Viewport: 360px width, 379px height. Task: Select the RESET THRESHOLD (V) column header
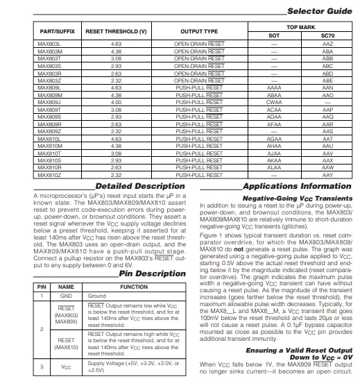[116, 31]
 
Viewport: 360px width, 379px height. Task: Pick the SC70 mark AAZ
[328, 44]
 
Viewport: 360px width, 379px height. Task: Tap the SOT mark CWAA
[273, 102]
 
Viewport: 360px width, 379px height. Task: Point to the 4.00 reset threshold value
[116, 102]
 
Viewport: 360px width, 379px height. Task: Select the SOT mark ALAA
[273, 167]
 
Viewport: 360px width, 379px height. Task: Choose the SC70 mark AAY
[328, 175]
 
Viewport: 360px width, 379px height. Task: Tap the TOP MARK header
[300, 26]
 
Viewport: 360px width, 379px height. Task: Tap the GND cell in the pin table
[66, 296]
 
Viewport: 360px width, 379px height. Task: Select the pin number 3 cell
[42, 366]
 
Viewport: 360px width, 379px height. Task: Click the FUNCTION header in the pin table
[134, 286]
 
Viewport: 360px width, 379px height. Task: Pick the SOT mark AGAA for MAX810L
[273, 138]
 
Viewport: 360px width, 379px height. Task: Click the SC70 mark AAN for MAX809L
[328, 87]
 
